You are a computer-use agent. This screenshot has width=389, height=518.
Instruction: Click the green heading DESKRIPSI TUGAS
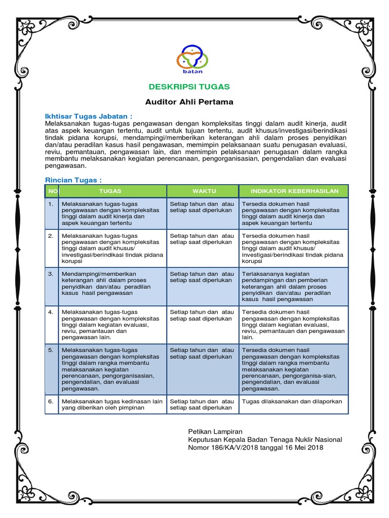pyautogui.click(x=189, y=86)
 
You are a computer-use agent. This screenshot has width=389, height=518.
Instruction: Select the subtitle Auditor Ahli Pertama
pyautogui.click(x=189, y=102)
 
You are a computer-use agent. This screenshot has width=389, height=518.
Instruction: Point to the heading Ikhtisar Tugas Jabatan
pyautogui.click(x=89, y=116)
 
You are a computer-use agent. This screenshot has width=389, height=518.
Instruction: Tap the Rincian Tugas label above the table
pyautogui.click(x=73, y=180)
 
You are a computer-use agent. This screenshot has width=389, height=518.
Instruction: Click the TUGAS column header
pyautogui.click(x=112, y=191)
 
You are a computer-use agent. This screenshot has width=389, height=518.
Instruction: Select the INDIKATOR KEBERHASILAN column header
pyautogui.click(x=294, y=191)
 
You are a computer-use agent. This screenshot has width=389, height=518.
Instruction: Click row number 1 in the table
pyautogui.click(x=51, y=204)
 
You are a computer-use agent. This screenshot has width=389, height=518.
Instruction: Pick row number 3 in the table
pyautogui.click(x=51, y=274)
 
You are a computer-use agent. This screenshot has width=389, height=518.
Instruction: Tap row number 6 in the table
pyautogui.click(x=51, y=401)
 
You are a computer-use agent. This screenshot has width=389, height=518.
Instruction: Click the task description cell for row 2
pyautogui.click(x=112, y=248)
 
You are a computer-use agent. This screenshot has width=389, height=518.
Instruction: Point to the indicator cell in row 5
pyautogui.click(x=294, y=369)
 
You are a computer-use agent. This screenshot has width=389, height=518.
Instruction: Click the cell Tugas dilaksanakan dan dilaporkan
pyautogui.click(x=292, y=401)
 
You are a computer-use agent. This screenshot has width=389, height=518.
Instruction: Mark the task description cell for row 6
pyautogui.click(x=112, y=404)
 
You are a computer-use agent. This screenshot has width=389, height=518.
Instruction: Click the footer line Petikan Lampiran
pyautogui.click(x=215, y=431)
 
